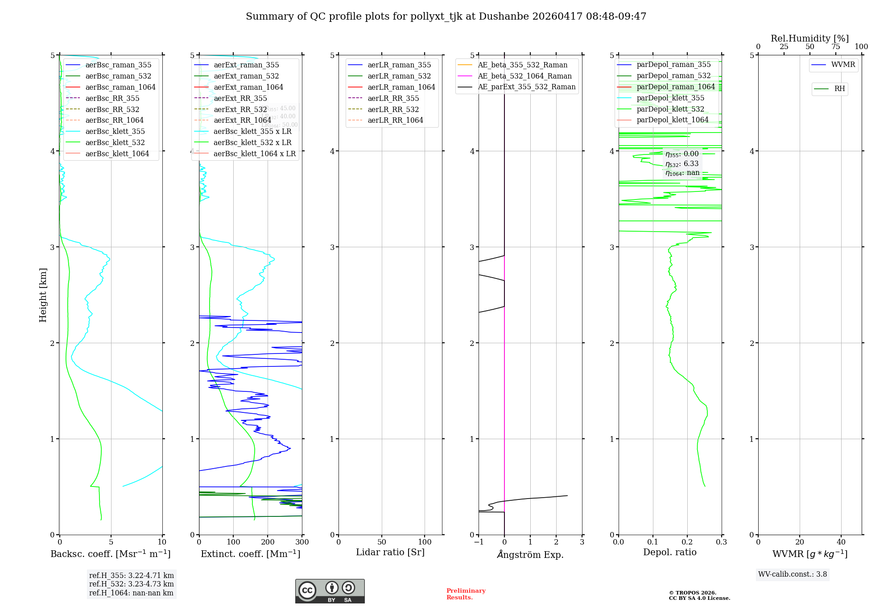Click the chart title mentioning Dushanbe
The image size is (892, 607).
point(446,17)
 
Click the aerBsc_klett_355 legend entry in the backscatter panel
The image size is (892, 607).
point(115,131)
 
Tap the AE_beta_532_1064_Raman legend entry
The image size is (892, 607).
point(524,76)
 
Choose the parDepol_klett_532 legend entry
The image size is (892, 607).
point(670,109)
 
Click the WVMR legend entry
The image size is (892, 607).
point(842,65)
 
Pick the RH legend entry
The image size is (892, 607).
point(839,89)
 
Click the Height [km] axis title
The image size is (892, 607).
point(43,295)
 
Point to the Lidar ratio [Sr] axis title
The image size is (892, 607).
point(390,552)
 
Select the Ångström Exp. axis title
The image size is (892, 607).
point(530,554)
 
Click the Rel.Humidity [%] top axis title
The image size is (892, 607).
point(809,38)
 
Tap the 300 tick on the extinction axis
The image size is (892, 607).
point(302,542)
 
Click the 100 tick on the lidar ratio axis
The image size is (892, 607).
point(425,542)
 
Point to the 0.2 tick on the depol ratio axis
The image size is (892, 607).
point(687,542)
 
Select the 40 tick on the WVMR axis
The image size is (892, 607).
point(841,542)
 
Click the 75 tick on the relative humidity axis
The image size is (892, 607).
point(836,47)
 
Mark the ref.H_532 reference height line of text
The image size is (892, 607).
point(132,584)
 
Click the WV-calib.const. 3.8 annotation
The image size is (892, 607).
point(793,574)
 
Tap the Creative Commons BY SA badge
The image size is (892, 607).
point(330,591)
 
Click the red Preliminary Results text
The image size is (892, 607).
point(466,594)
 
